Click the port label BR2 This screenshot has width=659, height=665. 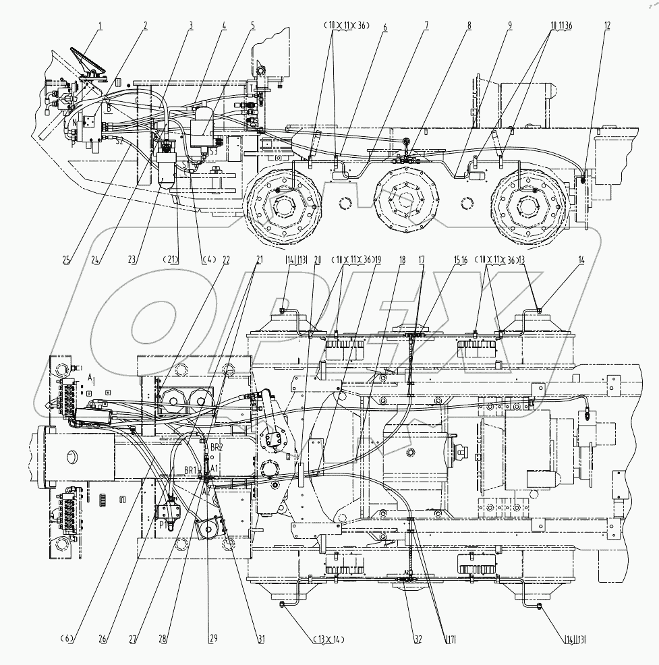[216, 447]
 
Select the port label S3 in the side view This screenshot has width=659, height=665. [213, 152]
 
